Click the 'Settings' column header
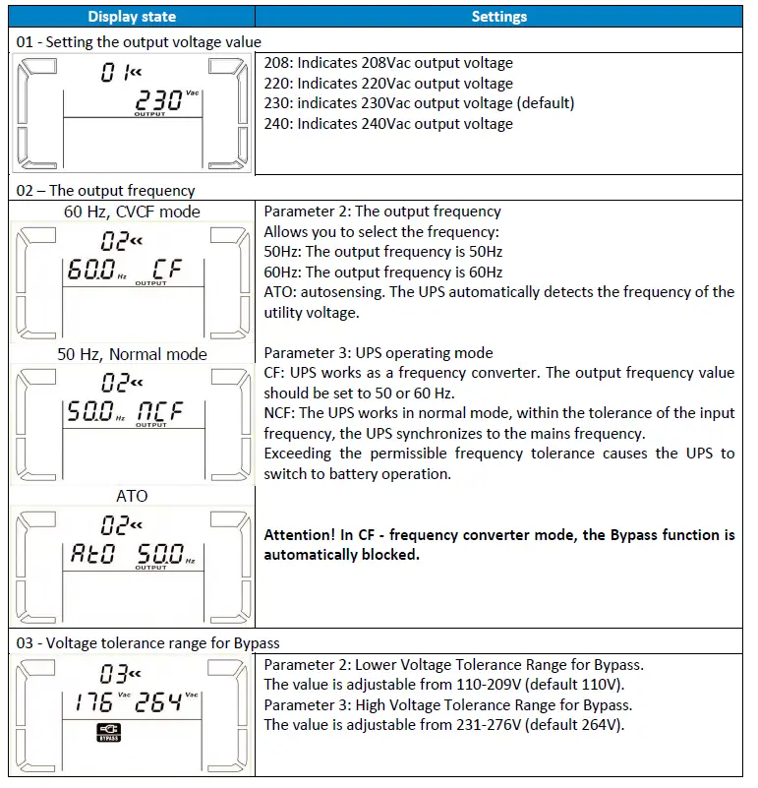498,16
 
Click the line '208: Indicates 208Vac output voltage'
388,63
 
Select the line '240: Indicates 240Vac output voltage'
388,124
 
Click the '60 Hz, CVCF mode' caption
132,212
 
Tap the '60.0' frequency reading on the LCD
89,270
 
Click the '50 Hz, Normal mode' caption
132,354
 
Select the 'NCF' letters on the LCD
159,412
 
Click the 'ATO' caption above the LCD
132,496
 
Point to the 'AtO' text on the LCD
92,554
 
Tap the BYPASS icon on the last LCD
109,732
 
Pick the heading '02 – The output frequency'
106,191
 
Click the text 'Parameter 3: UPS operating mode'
379,353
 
